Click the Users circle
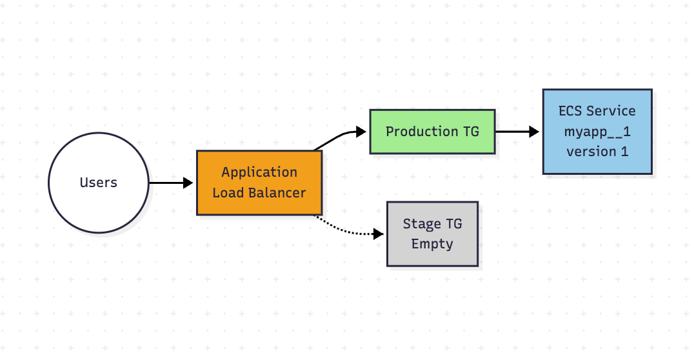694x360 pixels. pos(99,183)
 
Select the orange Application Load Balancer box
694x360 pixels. pos(259,183)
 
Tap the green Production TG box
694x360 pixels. pos(432,132)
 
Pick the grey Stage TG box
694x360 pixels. pos(432,234)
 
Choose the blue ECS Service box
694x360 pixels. pos(597,132)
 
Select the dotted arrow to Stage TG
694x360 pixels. pos(348,230)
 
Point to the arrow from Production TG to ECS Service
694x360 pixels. pos(516,132)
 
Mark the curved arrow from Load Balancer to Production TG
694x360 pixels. pos(339,136)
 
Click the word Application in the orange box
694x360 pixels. pos(259,172)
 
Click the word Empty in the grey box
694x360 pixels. pos(432,244)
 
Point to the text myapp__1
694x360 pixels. pos(597,132)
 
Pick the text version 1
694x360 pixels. pos(597,152)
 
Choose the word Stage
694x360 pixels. pos(422,224)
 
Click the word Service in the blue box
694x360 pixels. pos(611,111)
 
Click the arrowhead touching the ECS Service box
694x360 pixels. pos(534,132)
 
